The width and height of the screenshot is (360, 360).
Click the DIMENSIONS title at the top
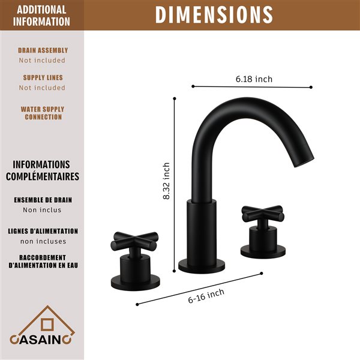tap(214, 14)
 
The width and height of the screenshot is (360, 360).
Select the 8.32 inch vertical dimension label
tap(167, 181)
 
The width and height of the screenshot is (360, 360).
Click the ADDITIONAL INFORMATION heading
tap(42, 16)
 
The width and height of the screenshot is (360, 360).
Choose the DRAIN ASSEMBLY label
tap(43, 50)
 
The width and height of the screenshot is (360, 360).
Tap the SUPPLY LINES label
tap(43, 77)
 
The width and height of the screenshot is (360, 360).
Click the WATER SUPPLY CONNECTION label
tap(43, 113)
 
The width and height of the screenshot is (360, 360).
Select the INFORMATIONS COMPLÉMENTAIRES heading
tap(42, 170)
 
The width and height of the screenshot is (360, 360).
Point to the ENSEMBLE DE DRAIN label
tap(42, 200)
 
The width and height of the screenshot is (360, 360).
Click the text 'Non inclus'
tap(42, 210)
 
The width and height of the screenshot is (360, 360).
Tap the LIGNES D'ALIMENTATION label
tap(43, 231)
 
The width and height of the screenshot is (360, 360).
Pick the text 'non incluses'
tap(42, 241)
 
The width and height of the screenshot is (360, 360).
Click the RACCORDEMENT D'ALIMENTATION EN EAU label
tap(43, 261)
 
